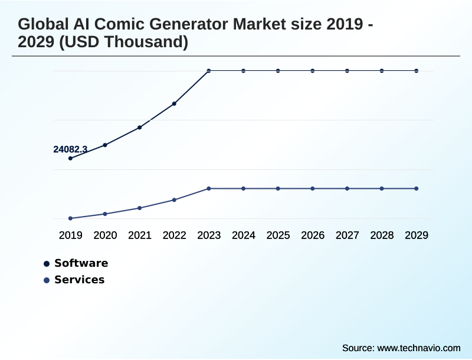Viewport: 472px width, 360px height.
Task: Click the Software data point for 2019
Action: pos(71,158)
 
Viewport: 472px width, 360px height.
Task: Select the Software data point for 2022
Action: pos(175,104)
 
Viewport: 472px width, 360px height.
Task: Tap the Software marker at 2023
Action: pos(209,71)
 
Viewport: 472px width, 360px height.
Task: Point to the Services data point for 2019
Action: pos(71,218)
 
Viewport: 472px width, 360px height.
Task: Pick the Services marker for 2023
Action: pos(209,189)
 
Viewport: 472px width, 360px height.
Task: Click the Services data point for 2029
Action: pos(417,189)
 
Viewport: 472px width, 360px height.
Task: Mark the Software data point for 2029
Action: pos(417,71)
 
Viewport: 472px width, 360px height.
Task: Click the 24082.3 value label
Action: pos(70,149)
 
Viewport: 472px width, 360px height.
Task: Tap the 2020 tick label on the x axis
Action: pos(105,235)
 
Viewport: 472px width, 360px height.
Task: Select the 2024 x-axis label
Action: pos(244,235)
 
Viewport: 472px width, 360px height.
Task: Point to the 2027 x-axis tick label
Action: pos(348,235)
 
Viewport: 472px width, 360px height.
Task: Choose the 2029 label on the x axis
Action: pos(417,235)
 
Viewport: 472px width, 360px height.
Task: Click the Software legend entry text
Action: pos(81,263)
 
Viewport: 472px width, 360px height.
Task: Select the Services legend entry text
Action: pos(79,280)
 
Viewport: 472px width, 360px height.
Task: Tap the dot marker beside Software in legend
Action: pos(47,264)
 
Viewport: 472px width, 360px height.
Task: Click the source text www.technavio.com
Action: pos(418,348)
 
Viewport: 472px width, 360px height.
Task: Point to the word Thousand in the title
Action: pos(143,42)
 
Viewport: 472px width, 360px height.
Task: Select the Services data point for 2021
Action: pos(140,208)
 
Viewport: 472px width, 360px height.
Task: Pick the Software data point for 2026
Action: pos(313,71)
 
